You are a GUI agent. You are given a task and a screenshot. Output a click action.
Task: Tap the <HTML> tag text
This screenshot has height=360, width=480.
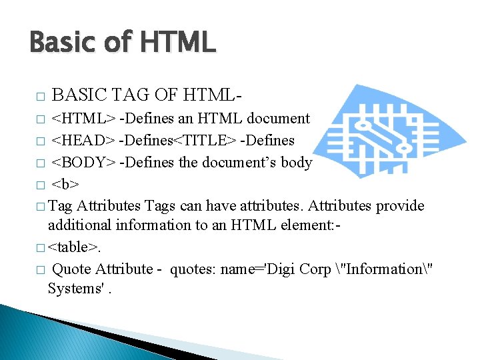click(83, 119)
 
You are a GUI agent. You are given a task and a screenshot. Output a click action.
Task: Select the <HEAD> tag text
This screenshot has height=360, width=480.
click(83, 141)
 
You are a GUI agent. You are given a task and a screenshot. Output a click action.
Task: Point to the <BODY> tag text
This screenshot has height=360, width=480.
click(83, 163)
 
